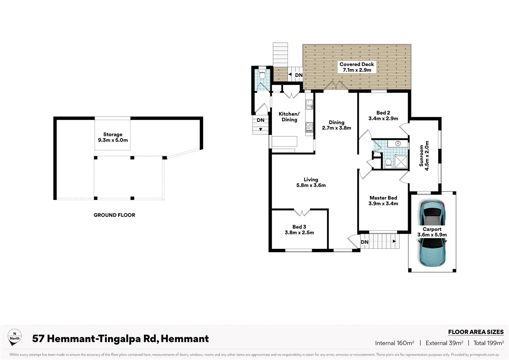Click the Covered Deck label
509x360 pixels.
(x=356, y=64)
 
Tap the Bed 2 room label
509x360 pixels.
(x=383, y=113)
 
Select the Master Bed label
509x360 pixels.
(x=383, y=198)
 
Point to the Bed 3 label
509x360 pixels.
(x=299, y=227)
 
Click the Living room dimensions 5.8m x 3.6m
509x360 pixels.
(x=311, y=185)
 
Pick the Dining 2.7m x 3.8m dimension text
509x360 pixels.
(x=336, y=128)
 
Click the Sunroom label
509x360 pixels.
(x=421, y=156)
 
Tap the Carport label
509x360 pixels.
(x=432, y=229)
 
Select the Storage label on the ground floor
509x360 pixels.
(x=113, y=134)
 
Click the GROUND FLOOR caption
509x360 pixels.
(x=114, y=215)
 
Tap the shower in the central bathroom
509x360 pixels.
(x=401, y=162)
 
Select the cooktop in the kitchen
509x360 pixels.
(x=309, y=127)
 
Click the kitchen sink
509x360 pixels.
(x=309, y=105)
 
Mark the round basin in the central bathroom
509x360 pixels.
(x=398, y=143)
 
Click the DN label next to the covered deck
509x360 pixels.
(x=299, y=75)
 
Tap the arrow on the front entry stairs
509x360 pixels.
(x=394, y=241)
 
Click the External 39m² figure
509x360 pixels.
(x=444, y=343)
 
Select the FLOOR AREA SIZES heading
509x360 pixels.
(x=476, y=332)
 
